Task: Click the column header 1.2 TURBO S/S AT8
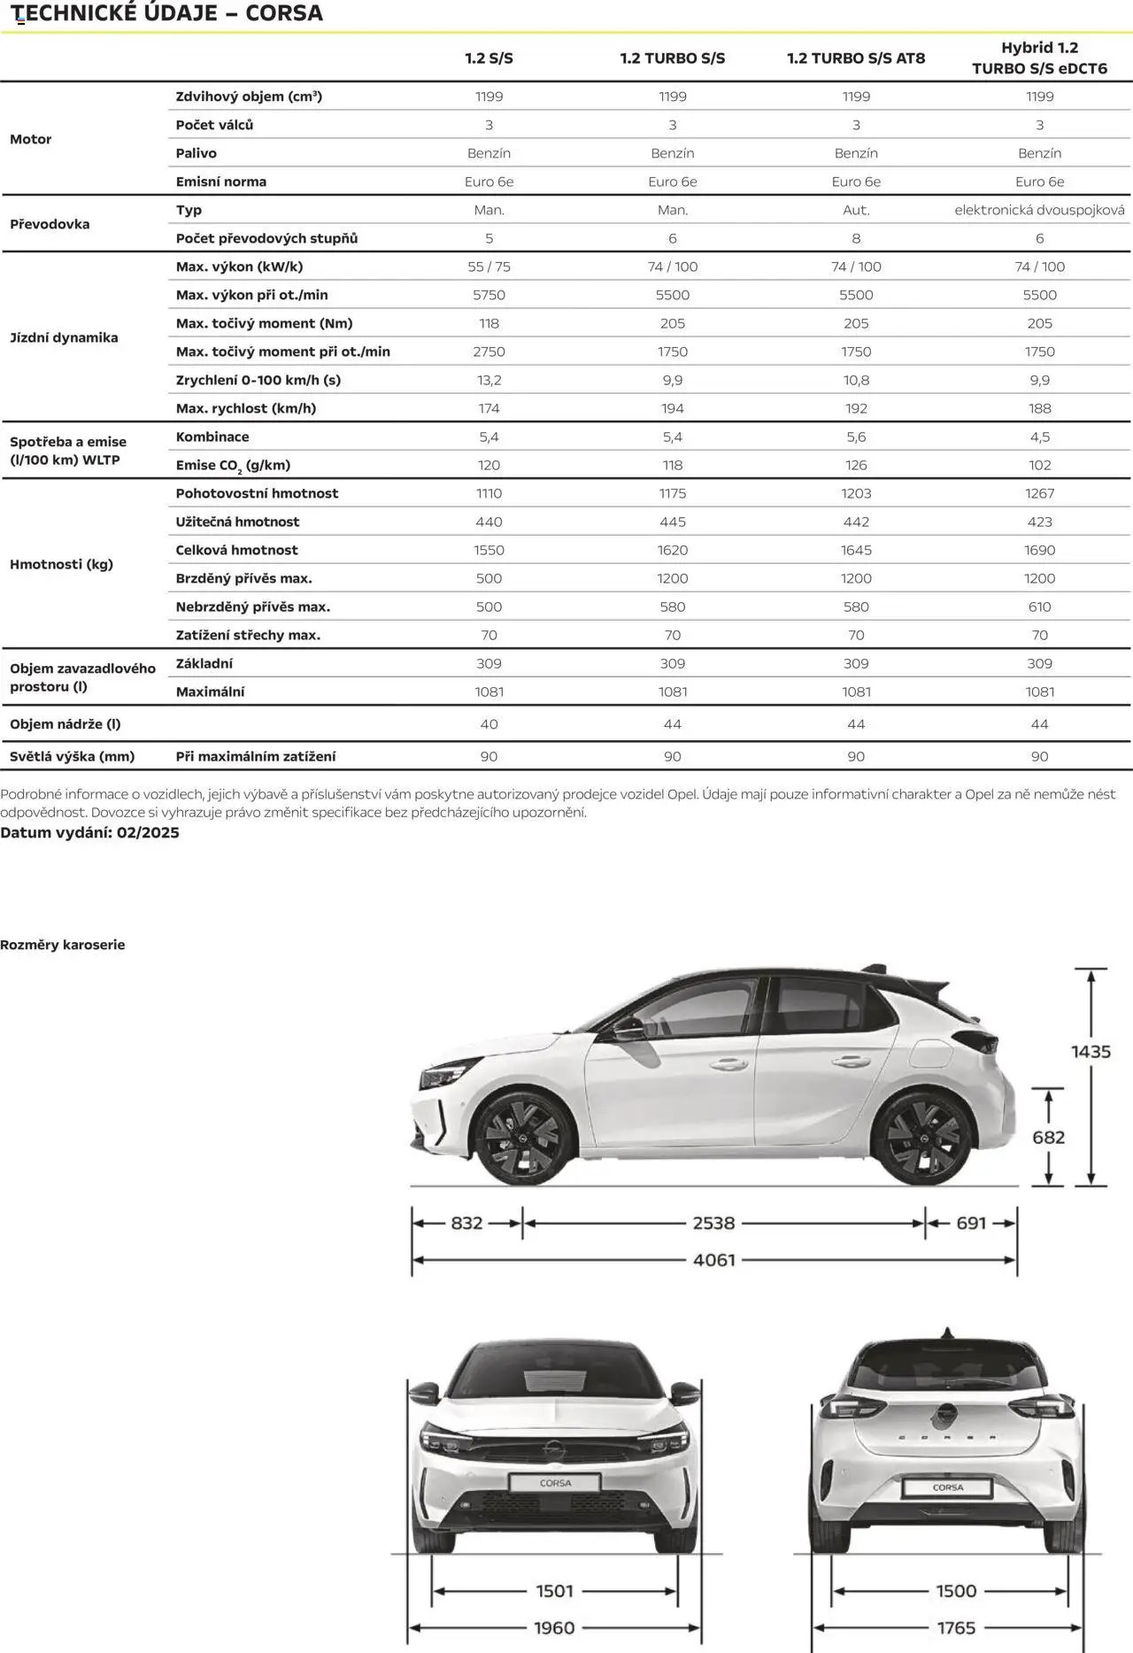point(856,58)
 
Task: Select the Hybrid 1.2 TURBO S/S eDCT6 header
point(1039,58)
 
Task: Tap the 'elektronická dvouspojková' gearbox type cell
point(1039,210)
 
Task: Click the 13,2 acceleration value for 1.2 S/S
point(489,380)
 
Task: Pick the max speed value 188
point(1039,408)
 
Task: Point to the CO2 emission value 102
point(1039,465)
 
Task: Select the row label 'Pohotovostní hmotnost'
point(257,493)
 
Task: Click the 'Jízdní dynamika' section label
point(64,337)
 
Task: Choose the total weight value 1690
point(1039,550)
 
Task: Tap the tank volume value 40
point(489,724)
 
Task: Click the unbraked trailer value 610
point(1039,606)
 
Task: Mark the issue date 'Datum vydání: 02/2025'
point(89,832)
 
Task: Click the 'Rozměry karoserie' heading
point(63,945)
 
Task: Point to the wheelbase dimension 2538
point(713,1223)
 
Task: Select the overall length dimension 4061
point(713,1259)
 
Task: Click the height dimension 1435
point(1091,1051)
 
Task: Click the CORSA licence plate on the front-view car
point(555,1482)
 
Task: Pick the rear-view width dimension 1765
point(956,1627)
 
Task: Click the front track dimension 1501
point(555,1591)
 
